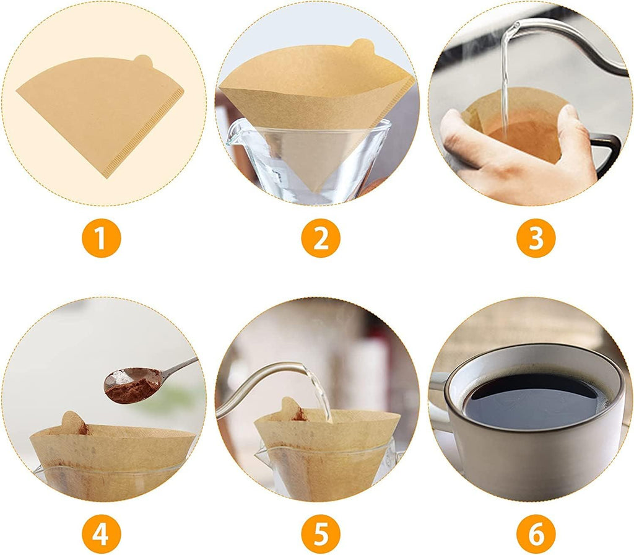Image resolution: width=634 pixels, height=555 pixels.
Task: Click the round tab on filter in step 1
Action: pyautogui.click(x=143, y=61)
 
